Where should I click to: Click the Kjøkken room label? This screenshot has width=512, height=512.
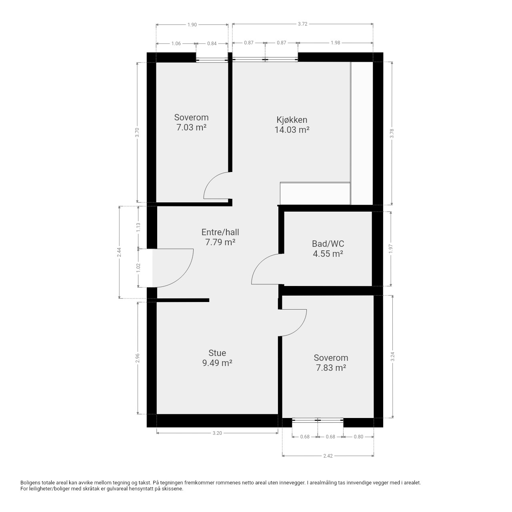[x=292, y=120]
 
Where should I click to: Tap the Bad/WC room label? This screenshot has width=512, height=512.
[x=328, y=244]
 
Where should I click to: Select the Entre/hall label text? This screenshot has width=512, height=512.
[x=220, y=232]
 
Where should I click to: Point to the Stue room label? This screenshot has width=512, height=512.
[x=217, y=353]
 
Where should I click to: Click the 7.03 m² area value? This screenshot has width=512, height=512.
[x=191, y=128]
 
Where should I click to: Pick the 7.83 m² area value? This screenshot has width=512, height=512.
[x=331, y=368]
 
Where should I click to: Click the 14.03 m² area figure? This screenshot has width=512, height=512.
[x=292, y=130]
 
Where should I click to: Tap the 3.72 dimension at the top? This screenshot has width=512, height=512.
[x=302, y=24]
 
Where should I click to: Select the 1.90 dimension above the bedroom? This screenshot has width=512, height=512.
[x=192, y=25]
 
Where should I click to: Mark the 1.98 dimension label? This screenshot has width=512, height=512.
[x=335, y=43]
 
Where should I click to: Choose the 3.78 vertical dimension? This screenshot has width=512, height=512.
[x=392, y=133]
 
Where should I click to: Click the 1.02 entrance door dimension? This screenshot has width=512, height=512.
[x=138, y=268]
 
